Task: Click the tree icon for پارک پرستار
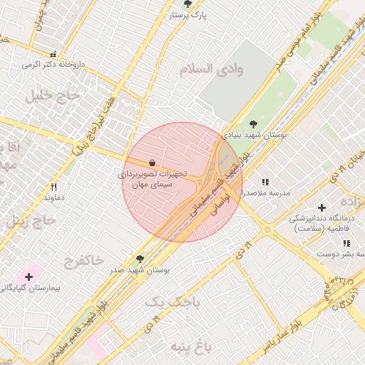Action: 187,4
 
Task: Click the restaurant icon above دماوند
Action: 53,187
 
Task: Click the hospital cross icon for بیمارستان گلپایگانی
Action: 29,276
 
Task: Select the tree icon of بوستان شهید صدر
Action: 139,260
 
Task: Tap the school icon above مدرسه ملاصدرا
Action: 266,182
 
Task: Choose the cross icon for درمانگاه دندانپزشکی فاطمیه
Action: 322,207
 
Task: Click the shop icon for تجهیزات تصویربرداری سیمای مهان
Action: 153,163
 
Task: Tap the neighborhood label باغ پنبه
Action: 191,346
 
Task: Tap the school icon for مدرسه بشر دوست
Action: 346,244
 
